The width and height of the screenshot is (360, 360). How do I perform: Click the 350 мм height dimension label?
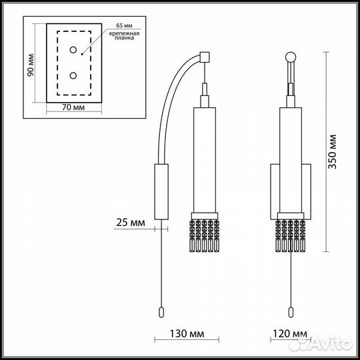tap(332, 152)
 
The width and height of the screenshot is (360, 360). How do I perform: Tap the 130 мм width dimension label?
tap(187, 333)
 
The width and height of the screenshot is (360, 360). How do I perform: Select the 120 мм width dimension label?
tap(290, 333)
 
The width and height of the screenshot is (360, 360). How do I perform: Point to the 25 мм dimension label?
tap(131, 222)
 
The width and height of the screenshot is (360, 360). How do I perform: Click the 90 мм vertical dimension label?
tap(30, 65)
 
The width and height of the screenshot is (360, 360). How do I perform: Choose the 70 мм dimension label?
tap(73, 107)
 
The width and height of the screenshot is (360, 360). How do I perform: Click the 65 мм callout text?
tap(124, 25)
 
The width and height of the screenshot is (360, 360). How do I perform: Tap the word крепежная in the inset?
tap(124, 33)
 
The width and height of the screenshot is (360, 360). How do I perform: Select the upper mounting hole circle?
tap(73, 50)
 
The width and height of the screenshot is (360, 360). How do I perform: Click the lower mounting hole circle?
tap(73, 75)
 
